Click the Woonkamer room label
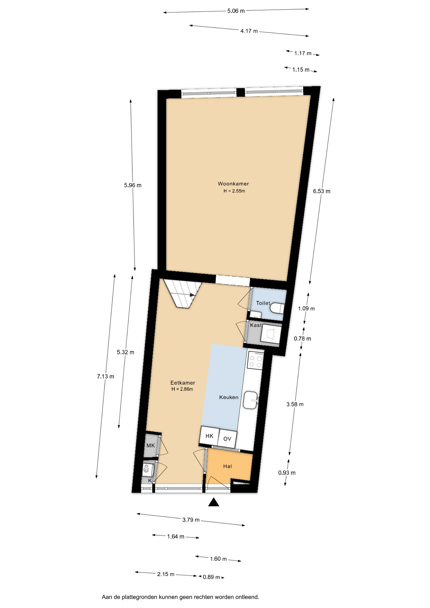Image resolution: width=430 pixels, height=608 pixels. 233,184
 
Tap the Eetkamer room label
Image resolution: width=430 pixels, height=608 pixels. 183,383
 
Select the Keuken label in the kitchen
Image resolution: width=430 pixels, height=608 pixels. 229,397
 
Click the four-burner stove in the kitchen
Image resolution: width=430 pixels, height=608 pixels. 255,360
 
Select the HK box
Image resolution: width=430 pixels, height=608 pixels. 210,436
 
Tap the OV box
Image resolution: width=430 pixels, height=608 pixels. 227,439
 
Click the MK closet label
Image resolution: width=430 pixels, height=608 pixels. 151,446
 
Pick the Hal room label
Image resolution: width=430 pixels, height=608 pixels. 228,466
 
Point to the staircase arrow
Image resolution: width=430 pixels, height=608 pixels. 192,295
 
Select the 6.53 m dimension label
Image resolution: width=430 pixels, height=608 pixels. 322,191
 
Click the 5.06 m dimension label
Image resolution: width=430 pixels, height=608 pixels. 236,11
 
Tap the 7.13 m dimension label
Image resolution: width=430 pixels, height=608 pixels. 106,377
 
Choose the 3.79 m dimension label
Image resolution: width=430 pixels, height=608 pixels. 191,520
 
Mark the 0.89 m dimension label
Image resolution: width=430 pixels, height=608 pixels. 212,577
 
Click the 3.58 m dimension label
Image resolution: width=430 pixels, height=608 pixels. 295,404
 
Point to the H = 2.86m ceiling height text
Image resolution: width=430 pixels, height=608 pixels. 182,389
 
